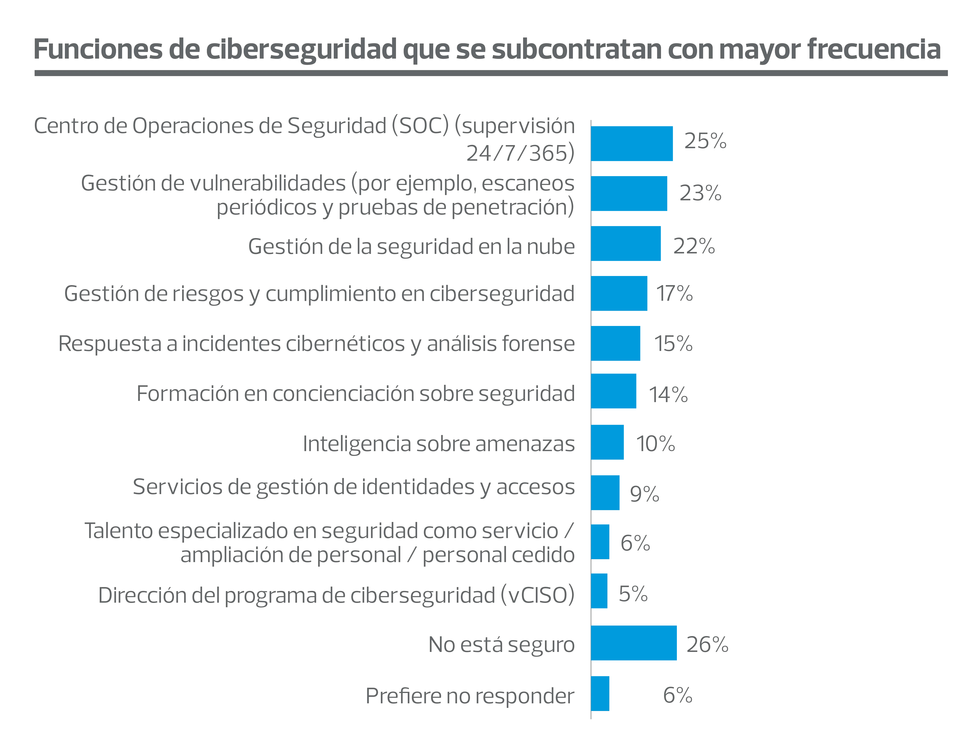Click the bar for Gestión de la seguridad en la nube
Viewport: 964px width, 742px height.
(626, 244)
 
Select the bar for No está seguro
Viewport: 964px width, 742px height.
(634, 643)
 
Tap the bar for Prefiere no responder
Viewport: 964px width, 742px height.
(600, 693)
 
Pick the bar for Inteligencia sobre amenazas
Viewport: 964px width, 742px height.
(607, 442)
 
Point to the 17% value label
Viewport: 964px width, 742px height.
(674, 293)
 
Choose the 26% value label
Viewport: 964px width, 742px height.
(707, 644)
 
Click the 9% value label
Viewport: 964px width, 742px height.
(644, 494)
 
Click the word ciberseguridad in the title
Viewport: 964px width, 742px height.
(302, 49)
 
